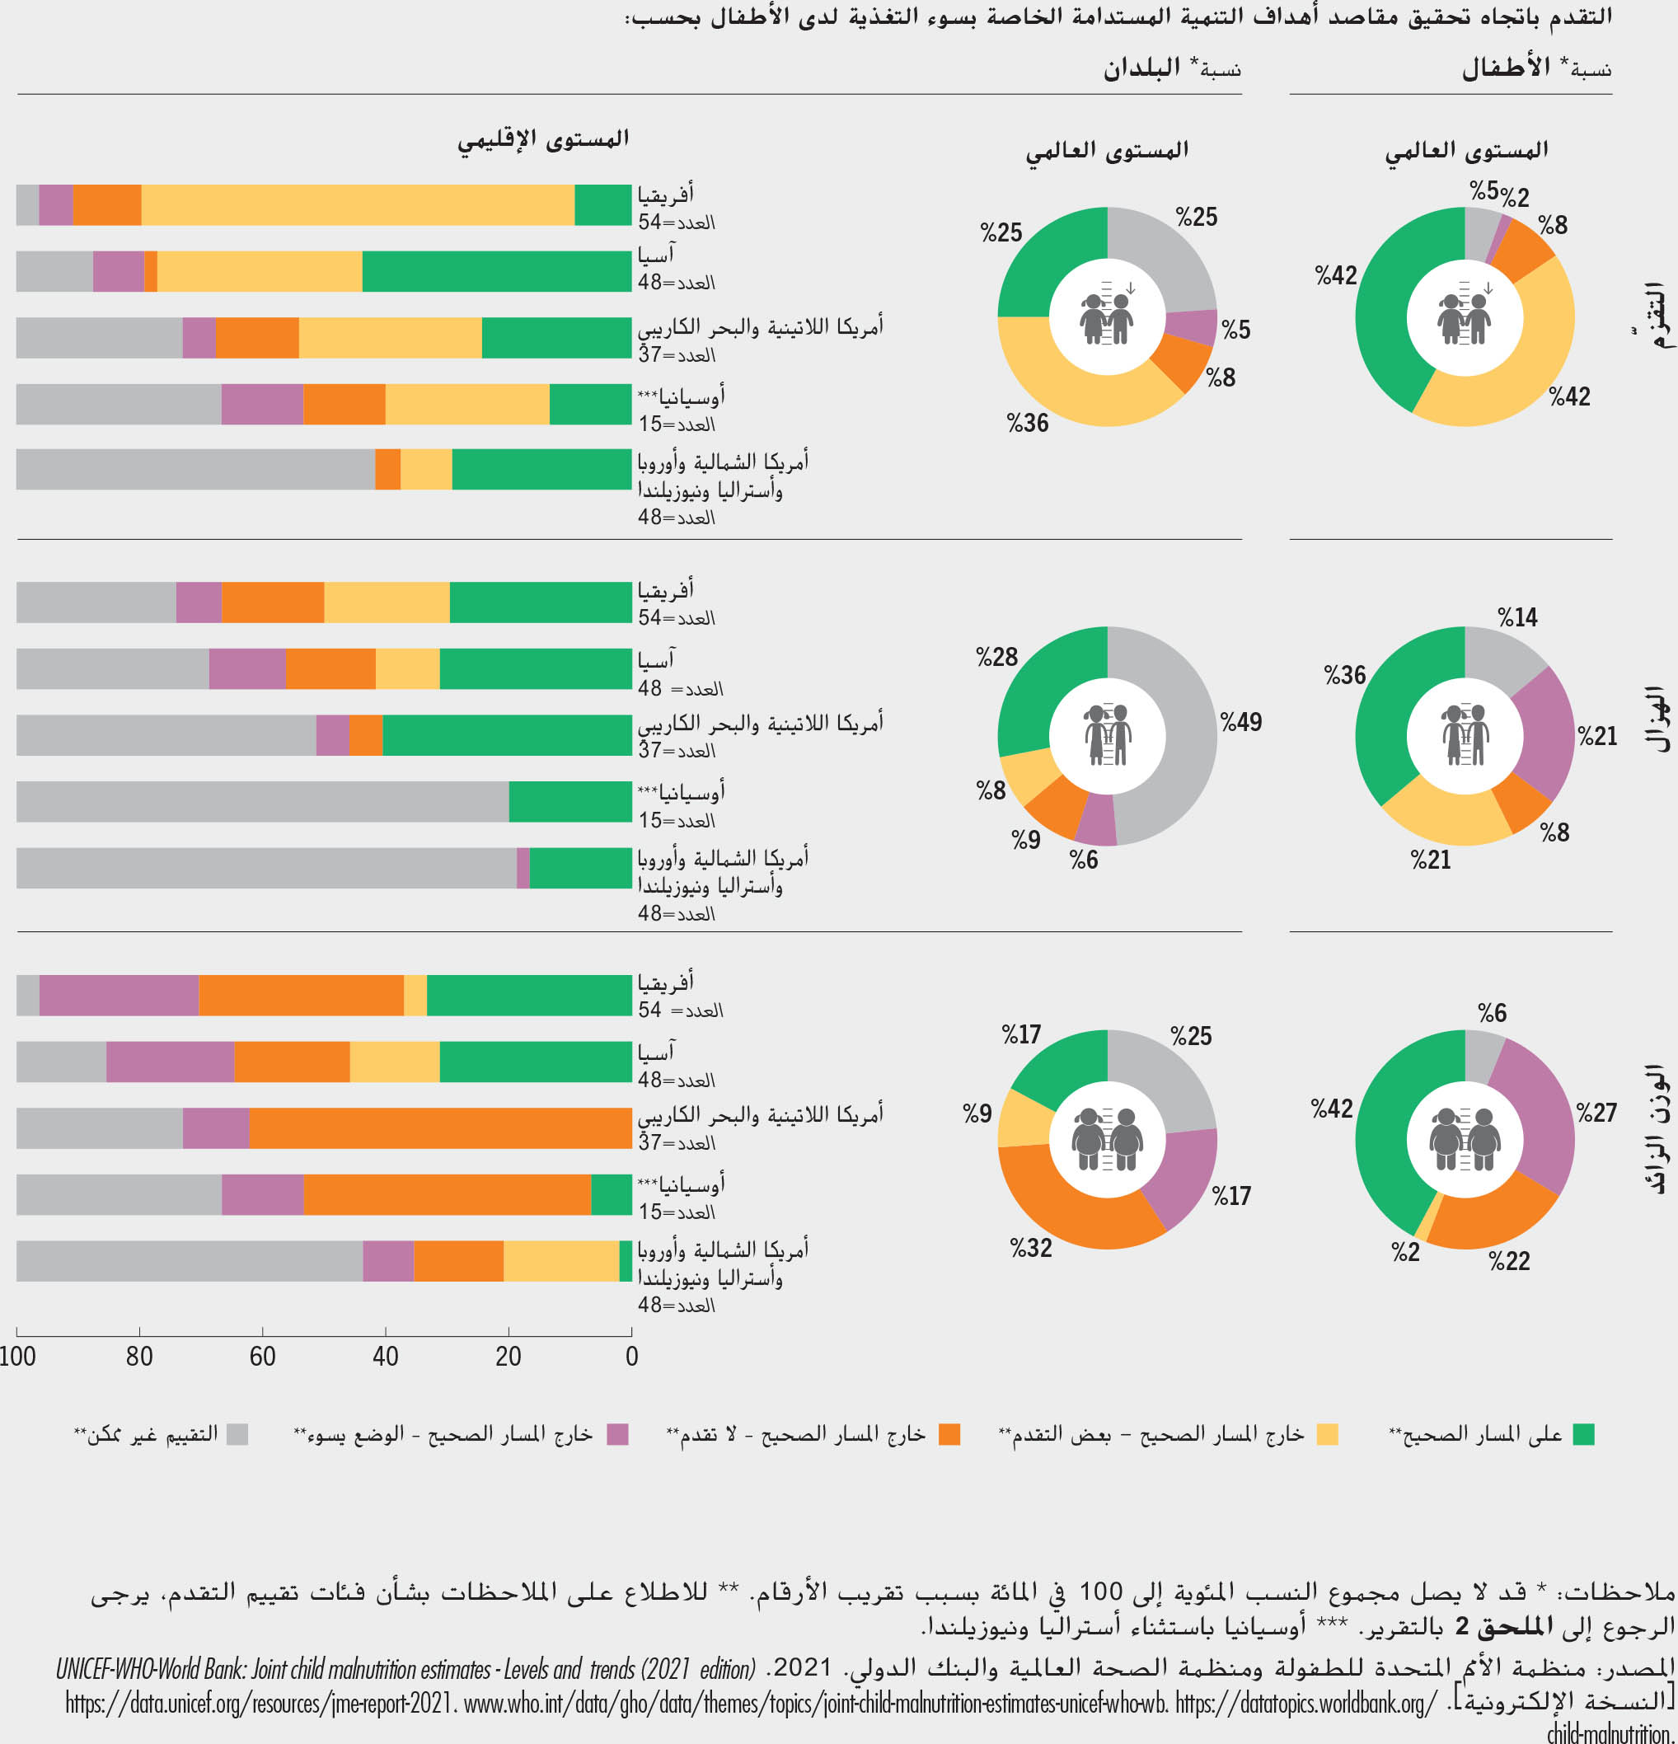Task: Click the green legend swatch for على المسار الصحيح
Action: click(1582, 1434)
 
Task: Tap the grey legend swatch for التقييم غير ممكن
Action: click(237, 1434)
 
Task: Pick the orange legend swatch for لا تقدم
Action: click(949, 1434)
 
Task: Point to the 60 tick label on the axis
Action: click(262, 1356)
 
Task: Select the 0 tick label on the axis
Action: click(631, 1356)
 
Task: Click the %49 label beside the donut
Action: click(1241, 722)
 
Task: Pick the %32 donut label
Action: click(1031, 1248)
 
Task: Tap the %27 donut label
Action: click(1596, 1112)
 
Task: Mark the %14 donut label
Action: click(1518, 616)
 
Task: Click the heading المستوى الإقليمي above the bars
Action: click(544, 139)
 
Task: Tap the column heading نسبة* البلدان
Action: click(1172, 68)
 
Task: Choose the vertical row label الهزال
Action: click(1656, 720)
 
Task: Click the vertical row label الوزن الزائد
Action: click(1656, 1128)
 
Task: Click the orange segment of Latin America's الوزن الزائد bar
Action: click(440, 1128)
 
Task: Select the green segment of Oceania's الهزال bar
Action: click(570, 802)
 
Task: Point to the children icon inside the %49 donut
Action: click(1107, 736)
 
